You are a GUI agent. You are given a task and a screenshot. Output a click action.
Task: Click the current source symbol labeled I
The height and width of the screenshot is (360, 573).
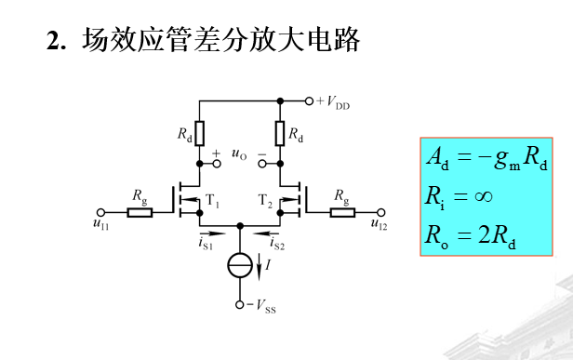pyautogui.click(x=240, y=265)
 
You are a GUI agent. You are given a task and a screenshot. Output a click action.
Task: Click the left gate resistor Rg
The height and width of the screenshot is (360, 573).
pyautogui.click(x=140, y=212)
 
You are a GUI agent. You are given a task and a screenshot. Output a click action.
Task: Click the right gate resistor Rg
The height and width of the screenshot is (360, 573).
pyautogui.click(x=341, y=212)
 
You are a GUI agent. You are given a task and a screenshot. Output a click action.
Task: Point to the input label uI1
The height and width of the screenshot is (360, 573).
pyautogui.click(x=100, y=222)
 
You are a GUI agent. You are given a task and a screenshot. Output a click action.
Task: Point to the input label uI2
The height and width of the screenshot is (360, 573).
pyautogui.click(x=379, y=222)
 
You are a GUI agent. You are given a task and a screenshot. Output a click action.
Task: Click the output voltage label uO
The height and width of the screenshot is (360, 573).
pyautogui.click(x=239, y=154)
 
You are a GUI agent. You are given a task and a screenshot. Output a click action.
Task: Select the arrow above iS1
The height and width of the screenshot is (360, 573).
pyautogui.click(x=211, y=233)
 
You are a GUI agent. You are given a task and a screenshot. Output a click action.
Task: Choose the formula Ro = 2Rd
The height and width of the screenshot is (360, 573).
pyautogui.click(x=471, y=236)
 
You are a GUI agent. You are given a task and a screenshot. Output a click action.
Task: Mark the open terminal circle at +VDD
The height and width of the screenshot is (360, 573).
pyautogui.click(x=310, y=100)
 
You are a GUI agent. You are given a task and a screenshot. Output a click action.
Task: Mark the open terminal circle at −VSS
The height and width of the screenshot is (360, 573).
pyautogui.click(x=240, y=304)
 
